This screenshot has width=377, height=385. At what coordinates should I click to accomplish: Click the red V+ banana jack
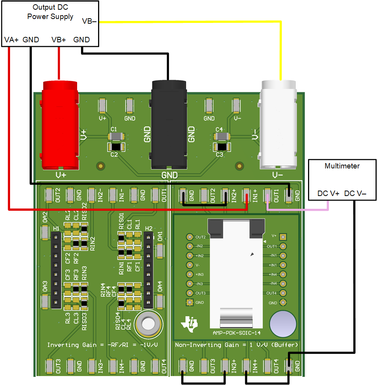pos(60,124)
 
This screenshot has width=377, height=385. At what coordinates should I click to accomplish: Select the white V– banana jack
pos(279,124)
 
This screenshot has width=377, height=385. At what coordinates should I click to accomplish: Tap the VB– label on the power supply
pos(90,21)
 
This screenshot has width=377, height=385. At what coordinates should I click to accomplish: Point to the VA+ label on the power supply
pos(12,40)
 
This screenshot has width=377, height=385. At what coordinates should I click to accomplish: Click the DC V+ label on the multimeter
pos(329,193)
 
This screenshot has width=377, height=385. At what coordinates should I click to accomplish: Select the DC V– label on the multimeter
pos(355,193)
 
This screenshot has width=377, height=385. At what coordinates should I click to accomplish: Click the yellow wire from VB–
pos(194,22)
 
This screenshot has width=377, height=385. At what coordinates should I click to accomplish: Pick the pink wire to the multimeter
pos(298,210)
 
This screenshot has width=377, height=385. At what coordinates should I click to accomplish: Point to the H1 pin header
pos(56,271)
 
